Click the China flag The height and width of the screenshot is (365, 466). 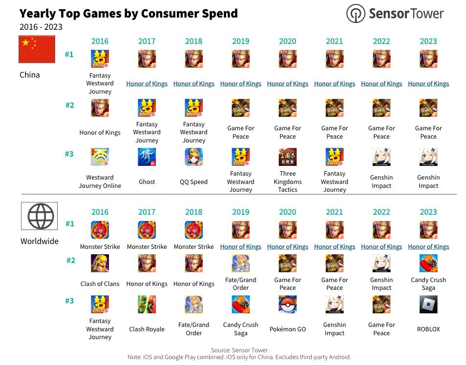[x=37, y=49]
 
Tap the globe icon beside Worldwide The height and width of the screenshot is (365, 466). [x=39, y=216]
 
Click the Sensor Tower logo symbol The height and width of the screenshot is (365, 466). [x=356, y=13]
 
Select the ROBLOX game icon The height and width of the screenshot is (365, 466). [x=428, y=304]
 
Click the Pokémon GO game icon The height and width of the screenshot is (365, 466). [x=288, y=304]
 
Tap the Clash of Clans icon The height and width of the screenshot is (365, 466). [x=100, y=264]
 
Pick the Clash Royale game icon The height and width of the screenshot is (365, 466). [x=147, y=304]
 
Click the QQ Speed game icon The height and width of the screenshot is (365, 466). [x=194, y=157]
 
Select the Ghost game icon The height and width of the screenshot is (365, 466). [x=147, y=157]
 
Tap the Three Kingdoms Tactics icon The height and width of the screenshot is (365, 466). [x=288, y=157]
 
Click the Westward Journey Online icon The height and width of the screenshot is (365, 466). [x=100, y=157]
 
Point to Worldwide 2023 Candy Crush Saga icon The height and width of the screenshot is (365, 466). [x=428, y=264]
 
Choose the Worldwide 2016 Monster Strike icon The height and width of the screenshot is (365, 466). [x=100, y=230]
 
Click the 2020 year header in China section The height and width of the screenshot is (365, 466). [x=288, y=41]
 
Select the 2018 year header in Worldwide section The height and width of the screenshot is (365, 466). [x=194, y=212]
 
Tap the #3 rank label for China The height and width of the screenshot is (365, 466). [x=69, y=154]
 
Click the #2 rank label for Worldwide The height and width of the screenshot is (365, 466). [x=71, y=261]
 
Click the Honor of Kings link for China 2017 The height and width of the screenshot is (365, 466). [x=147, y=84]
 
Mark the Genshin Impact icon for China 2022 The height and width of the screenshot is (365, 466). [x=381, y=157]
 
